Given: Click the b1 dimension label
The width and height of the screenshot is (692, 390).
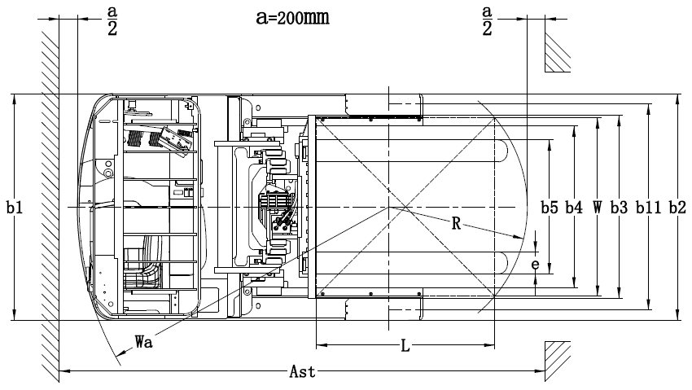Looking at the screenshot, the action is tap(15, 207).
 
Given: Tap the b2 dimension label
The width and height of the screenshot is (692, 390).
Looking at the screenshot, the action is tap(677, 207).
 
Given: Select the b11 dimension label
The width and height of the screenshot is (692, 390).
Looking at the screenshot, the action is tap(648, 207).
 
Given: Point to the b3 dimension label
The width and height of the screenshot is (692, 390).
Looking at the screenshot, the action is tap(619, 207).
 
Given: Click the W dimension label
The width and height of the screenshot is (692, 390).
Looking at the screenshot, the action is tap(597, 207).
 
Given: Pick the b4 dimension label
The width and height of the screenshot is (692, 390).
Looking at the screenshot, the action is tap(574, 207).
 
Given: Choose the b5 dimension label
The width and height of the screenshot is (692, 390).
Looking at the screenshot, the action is tap(550, 207).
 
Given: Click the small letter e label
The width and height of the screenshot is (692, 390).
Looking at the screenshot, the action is tap(536, 265).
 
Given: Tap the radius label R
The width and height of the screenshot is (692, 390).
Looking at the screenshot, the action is tap(457, 223).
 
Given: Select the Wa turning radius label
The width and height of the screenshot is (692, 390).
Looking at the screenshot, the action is tap(144, 341).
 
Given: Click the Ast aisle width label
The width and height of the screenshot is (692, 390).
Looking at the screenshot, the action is tap(302, 371).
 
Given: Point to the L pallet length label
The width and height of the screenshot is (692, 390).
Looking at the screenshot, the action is tap(405, 346).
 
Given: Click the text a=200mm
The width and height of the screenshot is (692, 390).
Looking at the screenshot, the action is tap(292, 17).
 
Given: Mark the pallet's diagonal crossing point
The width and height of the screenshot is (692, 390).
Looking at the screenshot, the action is tap(405, 207).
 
